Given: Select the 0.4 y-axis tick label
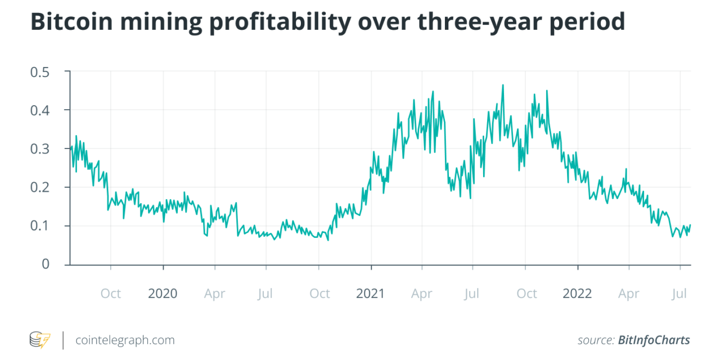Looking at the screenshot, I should [39, 110].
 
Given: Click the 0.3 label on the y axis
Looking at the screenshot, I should [39, 148].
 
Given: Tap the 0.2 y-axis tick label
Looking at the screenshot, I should [39, 187].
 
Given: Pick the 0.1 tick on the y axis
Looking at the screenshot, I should [39, 226].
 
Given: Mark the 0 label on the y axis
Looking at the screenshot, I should [46, 264].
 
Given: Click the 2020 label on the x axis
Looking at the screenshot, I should [163, 294].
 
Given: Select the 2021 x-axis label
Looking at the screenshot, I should [370, 294].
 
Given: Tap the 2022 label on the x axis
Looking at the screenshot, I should [577, 294].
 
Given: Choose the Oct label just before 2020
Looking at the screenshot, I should [111, 294].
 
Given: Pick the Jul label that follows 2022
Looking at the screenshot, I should [680, 294].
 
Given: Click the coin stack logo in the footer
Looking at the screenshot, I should [40, 340].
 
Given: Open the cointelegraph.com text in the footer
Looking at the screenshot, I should [125, 340].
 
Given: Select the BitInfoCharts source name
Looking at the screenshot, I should [654, 340].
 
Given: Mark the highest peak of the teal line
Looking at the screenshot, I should [503, 85].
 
